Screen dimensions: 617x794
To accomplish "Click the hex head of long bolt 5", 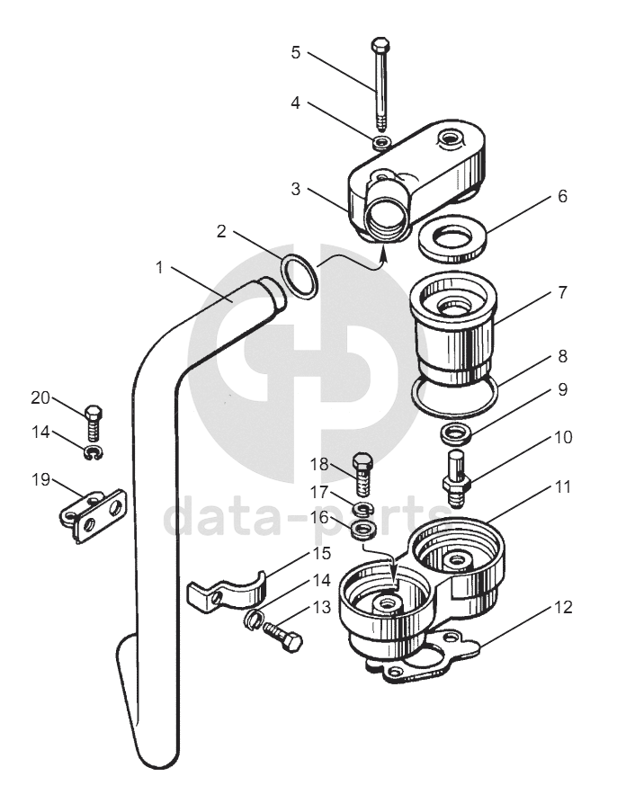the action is [380, 45].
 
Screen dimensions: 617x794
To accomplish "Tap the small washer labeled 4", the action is [381, 142].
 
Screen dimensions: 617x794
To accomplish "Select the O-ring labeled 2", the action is [299, 277].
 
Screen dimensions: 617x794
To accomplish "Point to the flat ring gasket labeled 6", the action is [452, 238].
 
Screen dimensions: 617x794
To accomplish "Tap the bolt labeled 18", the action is [362, 474].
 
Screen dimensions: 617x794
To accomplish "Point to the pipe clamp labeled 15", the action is [228, 593].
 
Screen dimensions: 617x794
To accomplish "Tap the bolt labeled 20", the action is [93, 423].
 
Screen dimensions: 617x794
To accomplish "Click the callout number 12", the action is [563, 607].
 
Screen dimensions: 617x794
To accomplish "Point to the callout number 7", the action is [563, 292].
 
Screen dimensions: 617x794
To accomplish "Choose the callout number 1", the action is [159, 267].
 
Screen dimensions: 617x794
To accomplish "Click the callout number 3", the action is [296, 189].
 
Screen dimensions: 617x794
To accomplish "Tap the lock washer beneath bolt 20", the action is [94, 451].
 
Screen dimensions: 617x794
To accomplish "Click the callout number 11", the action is [563, 486].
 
